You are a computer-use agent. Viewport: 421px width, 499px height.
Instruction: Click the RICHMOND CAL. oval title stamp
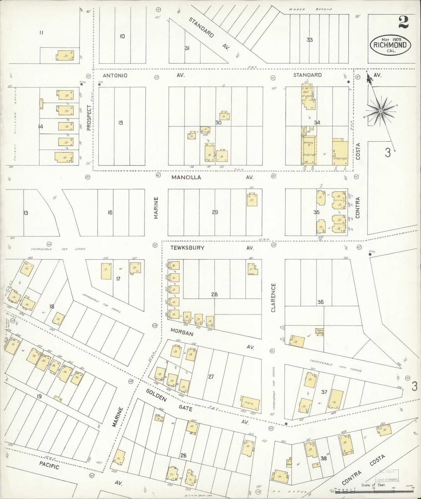pos(390,45)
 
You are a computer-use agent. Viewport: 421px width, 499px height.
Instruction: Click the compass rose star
pos(381,111)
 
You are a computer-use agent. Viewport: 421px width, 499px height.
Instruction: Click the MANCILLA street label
pos(186,177)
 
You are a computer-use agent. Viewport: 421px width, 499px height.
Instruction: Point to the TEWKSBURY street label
pos(187,248)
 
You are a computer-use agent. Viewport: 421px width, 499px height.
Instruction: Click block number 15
pos(120,123)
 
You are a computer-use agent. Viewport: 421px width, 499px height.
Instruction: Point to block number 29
pos(215,212)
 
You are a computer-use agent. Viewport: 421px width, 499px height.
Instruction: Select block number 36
pos(320,302)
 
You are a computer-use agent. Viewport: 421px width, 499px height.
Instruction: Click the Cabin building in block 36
pos(320,331)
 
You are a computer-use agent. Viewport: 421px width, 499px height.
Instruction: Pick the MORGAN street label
pos(182,332)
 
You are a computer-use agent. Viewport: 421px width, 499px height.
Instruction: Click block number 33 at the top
pos(309,40)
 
